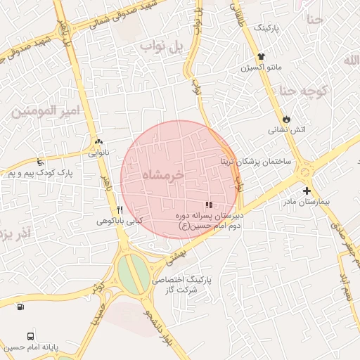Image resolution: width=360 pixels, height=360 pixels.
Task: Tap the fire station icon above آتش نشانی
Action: [287, 118]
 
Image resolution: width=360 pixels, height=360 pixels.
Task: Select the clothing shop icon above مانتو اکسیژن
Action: [262, 56]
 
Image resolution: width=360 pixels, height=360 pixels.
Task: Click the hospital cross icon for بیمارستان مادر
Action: [307, 191]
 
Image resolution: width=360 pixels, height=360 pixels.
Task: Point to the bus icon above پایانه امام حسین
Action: [30, 336]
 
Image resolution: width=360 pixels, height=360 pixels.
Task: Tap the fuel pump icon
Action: [20, 306]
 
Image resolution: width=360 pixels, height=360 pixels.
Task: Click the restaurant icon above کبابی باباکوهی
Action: [120, 210]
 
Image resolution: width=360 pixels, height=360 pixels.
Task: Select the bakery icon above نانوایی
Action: [96, 141]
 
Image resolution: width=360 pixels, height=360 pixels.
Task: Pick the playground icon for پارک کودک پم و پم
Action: [41, 162]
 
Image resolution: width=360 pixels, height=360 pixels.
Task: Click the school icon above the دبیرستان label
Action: [209, 205]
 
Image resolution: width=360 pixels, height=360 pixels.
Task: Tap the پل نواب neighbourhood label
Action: [161, 48]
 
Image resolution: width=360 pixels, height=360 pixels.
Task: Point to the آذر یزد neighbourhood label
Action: [15, 232]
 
